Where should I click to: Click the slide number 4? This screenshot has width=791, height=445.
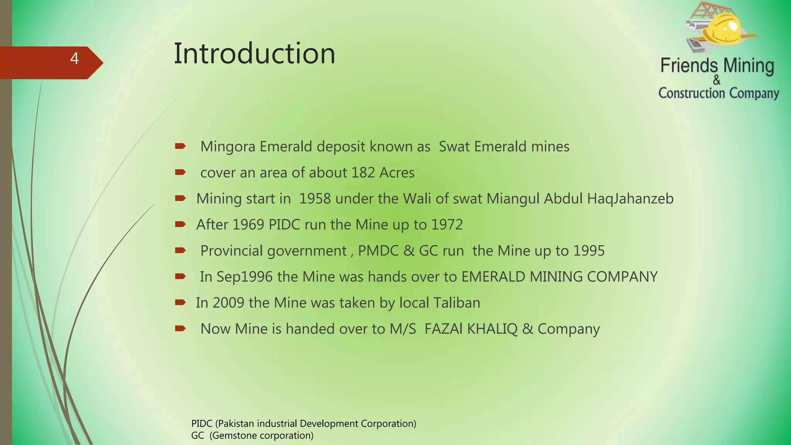coord(75,59)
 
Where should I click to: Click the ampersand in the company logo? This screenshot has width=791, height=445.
coord(717,80)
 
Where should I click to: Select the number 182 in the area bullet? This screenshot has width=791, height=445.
coord(363,173)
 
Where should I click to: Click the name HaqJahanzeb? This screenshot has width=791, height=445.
coord(630,199)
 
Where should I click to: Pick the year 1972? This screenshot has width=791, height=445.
coord(447,225)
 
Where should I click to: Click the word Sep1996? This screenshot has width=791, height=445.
coord(244,277)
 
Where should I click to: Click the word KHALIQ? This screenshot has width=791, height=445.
coord(492,329)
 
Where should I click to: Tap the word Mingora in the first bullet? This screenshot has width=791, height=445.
coord(227,147)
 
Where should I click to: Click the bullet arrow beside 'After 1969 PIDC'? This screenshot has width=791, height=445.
coord(180,224)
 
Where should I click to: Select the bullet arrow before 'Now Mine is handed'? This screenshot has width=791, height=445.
coord(180,329)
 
